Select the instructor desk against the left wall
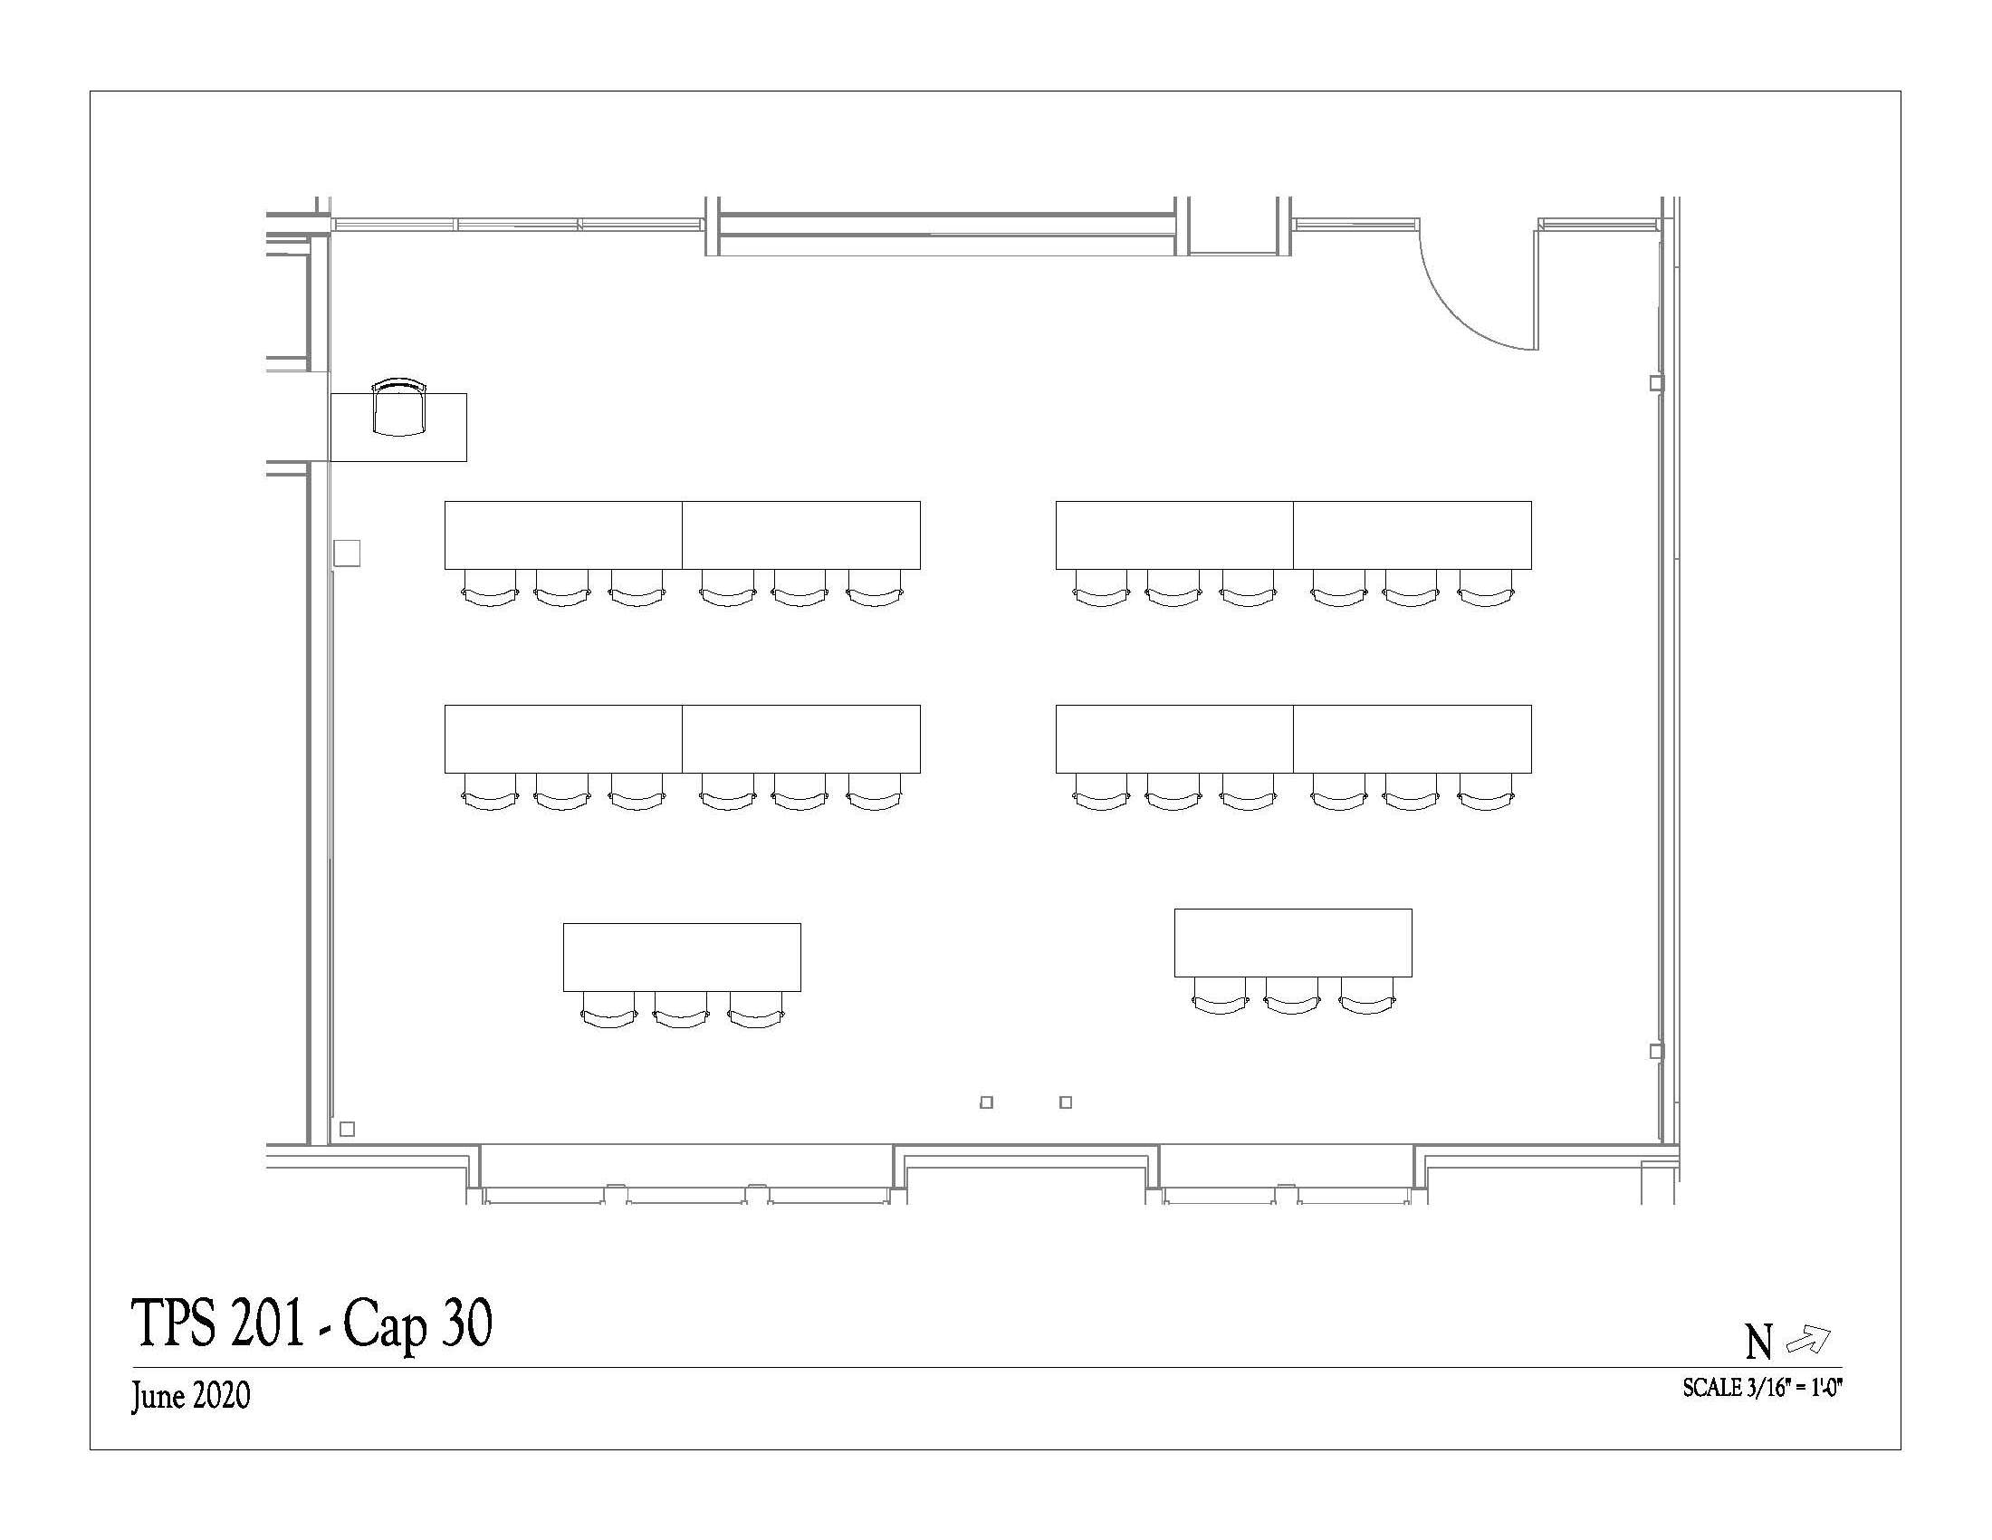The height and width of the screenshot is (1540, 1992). tap(398, 427)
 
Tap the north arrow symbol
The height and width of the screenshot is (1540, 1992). tap(1808, 1338)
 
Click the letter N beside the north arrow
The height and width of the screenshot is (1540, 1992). tap(1758, 1342)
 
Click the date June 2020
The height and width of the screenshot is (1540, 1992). tap(191, 1396)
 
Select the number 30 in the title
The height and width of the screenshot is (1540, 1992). tap(467, 1323)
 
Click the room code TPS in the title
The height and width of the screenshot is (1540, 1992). tap(175, 1323)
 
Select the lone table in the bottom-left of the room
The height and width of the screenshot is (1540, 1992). tap(682, 957)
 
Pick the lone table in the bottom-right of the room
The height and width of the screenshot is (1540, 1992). tap(1293, 942)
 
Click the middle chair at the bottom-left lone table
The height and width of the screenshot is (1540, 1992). tap(680, 1009)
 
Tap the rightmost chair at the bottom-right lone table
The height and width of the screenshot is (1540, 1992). tap(1366, 995)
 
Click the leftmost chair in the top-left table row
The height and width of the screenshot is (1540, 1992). tap(490, 588)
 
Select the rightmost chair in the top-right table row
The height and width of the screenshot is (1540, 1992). tap(1486, 588)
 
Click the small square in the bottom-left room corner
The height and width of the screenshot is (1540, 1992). tap(347, 1130)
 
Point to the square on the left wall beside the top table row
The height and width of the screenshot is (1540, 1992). tap(347, 553)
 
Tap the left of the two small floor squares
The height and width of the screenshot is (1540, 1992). tap(986, 1102)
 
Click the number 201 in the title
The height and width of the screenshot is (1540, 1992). tap(267, 1323)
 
